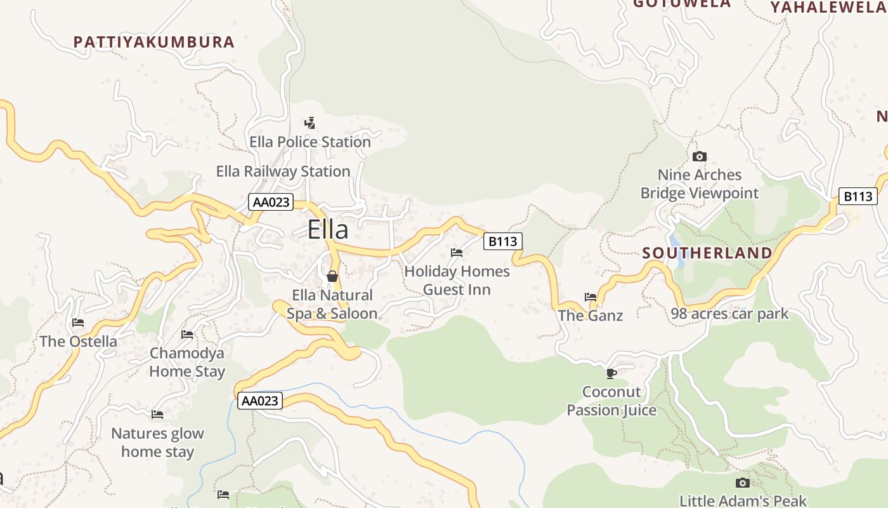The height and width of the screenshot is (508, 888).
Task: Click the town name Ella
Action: click(328, 230)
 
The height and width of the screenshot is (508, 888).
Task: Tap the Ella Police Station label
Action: click(310, 142)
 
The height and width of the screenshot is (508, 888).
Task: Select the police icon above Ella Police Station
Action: click(310, 123)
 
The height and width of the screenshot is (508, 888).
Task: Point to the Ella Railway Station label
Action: click(283, 171)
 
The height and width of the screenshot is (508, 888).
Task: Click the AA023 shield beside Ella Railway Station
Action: click(271, 203)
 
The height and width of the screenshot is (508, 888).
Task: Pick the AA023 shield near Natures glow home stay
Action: click(259, 401)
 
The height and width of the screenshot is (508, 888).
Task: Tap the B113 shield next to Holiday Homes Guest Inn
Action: click(502, 241)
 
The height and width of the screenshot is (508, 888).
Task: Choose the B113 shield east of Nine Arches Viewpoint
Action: click(858, 196)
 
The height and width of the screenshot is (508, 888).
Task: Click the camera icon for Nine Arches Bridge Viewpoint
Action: click(700, 156)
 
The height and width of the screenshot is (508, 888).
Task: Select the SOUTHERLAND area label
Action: click(707, 253)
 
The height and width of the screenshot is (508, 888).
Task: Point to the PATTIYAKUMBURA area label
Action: click(154, 43)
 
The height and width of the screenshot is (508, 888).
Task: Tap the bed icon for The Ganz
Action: click(591, 297)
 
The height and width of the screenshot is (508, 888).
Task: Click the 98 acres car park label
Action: click(729, 314)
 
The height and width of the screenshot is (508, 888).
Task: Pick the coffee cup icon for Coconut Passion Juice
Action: click(611, 373)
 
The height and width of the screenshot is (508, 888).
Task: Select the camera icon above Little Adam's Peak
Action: click(743, 483)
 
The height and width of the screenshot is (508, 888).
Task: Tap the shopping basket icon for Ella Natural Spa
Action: click(332, 276)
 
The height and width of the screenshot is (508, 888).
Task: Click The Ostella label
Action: click(78, 342)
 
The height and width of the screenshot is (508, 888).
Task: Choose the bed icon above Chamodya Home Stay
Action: click(187, 334)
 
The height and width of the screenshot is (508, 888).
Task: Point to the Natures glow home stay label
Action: click(157, 443)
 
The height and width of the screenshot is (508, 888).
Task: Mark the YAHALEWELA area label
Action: click(828, 8)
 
